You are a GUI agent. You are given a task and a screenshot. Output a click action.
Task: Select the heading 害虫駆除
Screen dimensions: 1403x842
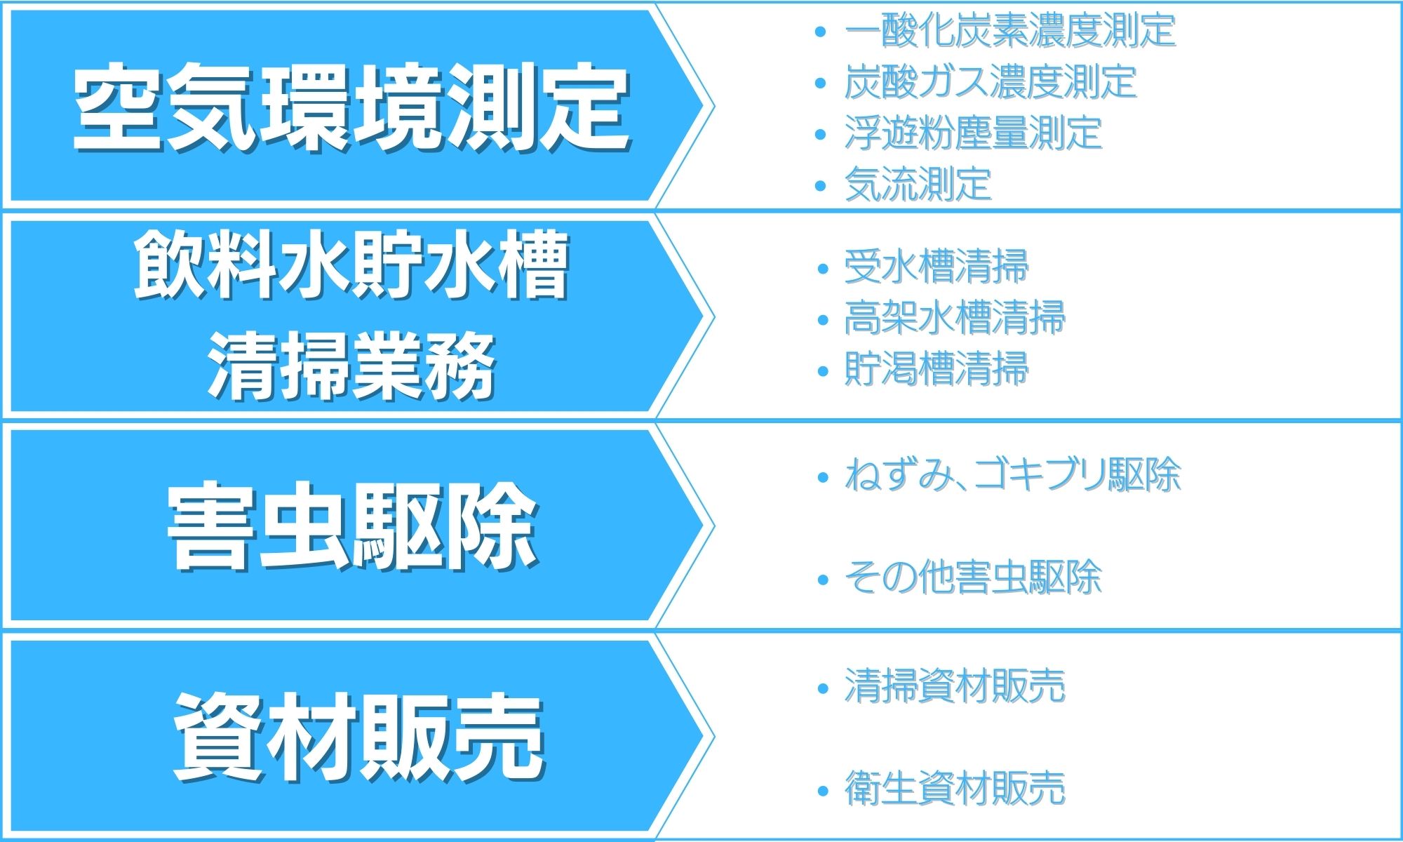[x=353, y=526]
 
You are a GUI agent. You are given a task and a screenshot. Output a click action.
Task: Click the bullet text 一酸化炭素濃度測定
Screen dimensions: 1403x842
[x=1010, y=32]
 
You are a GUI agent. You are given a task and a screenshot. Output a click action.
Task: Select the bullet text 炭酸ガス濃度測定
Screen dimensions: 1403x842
[x=991, y=82]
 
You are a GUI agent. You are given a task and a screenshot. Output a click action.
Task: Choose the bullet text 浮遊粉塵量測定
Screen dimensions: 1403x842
[x=974, y=133]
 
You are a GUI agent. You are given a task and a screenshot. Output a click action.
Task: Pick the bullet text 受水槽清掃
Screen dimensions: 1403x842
[x=937, y=267]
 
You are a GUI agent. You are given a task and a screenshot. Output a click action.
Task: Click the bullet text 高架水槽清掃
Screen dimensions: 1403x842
[x=955, y=319]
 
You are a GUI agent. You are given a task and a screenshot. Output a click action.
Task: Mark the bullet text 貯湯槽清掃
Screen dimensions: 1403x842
[x=937, y=370]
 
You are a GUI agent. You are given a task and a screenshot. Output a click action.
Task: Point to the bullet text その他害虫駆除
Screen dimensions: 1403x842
[x=973, y=577]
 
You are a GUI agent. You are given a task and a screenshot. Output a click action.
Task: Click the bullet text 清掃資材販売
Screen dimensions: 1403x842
[x=955, y=686]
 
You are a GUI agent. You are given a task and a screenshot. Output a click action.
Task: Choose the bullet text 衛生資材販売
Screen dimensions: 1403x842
[x=955, y=788]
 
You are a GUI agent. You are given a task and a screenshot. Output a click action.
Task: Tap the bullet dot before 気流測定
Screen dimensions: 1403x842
[x=821, y=185]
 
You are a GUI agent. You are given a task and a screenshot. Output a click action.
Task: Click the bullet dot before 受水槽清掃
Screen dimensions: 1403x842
[x=824, y=268]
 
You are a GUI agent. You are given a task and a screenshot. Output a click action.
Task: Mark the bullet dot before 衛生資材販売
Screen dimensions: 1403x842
[x=824, y=791]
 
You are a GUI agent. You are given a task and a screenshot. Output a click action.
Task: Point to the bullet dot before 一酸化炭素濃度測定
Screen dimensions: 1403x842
[x=821, y=32]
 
